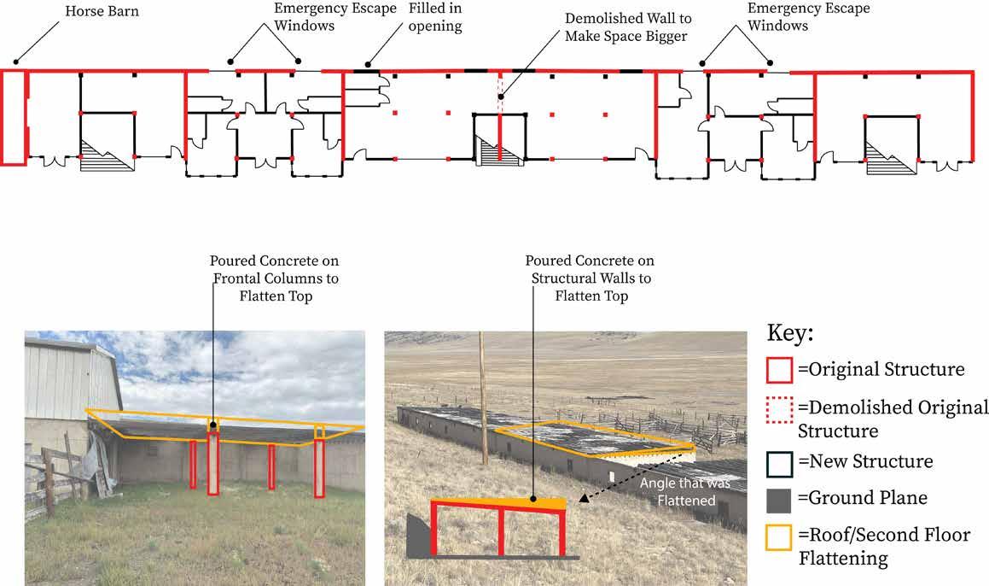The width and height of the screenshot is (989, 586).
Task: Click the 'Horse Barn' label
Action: coord(103,13)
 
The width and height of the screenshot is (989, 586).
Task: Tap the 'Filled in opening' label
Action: coord(434,19)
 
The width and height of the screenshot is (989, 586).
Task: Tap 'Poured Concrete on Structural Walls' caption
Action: coord(589,277)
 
